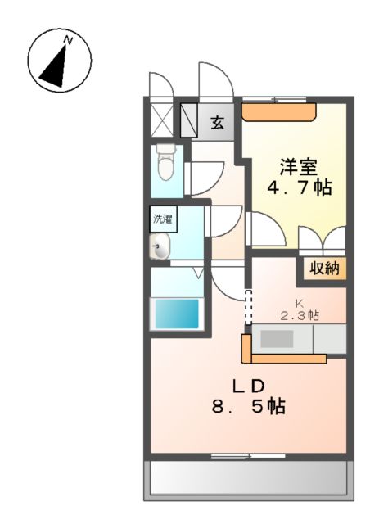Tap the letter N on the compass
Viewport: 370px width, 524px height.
click(70, 39)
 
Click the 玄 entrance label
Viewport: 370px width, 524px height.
click(218, 123)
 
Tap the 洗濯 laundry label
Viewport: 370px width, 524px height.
click(163, 219)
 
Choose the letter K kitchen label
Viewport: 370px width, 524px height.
click(299, 302)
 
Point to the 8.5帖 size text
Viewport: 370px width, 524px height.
click(246, 407)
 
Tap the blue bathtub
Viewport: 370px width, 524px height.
click(176, 313)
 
